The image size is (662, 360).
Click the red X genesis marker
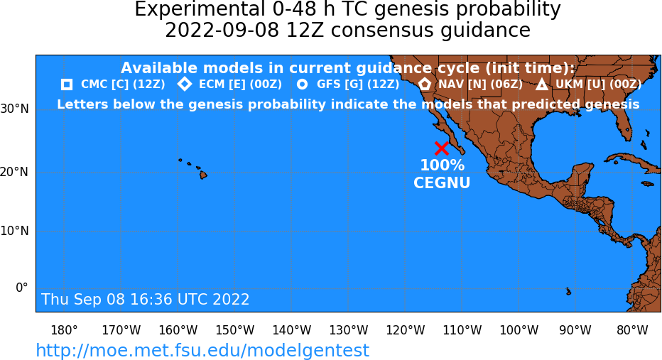tap(442, 148)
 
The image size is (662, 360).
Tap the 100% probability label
tap(442, 165)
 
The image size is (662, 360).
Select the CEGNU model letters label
tap(442, 182)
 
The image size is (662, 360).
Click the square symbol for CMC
tap(67, 84)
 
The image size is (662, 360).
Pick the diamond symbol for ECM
tap(185, 84)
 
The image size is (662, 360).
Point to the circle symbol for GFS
tap(303, 84)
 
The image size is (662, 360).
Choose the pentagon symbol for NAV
tap(424, 84)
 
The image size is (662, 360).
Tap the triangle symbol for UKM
tap(542, 84)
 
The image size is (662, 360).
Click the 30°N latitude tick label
tap(14, 109)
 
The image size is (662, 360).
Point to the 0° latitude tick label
tap(22, 288)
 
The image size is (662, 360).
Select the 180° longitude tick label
tap(64, 330)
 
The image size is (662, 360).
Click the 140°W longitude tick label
tap(292, 330)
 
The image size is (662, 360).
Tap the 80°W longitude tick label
tap(632, 330)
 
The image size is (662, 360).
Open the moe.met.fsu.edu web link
tap(202, 350)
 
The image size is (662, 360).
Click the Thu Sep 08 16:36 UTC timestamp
tap(145, 299)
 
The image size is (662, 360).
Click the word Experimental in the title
tap(197, 10)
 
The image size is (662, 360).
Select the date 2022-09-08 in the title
tap(222, 31)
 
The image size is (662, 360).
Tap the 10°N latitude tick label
tap(14, 231)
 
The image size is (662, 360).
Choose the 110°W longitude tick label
tap(462, 330)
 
